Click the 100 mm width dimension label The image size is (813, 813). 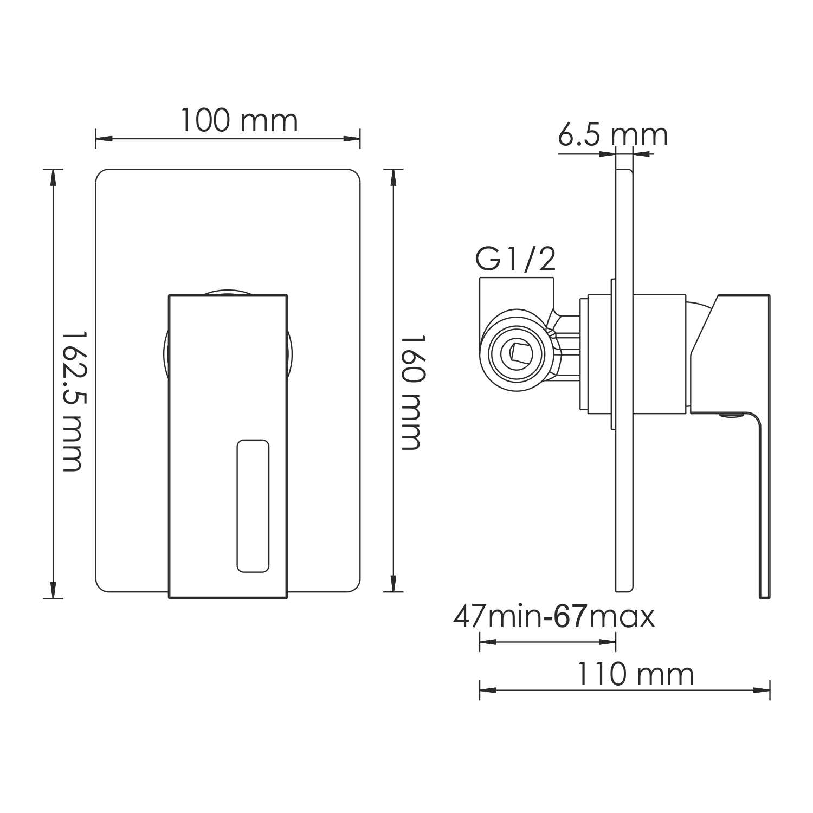[238, 121]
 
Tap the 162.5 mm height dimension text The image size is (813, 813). [72, 401]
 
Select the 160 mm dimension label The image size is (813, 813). [411, 392]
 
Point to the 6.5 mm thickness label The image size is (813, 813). [612, 135]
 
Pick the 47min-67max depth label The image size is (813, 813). [554, 616]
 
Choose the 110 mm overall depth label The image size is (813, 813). [635, 675]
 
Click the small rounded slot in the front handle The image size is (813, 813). [253, 506]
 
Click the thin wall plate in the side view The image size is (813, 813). [624, 488]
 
